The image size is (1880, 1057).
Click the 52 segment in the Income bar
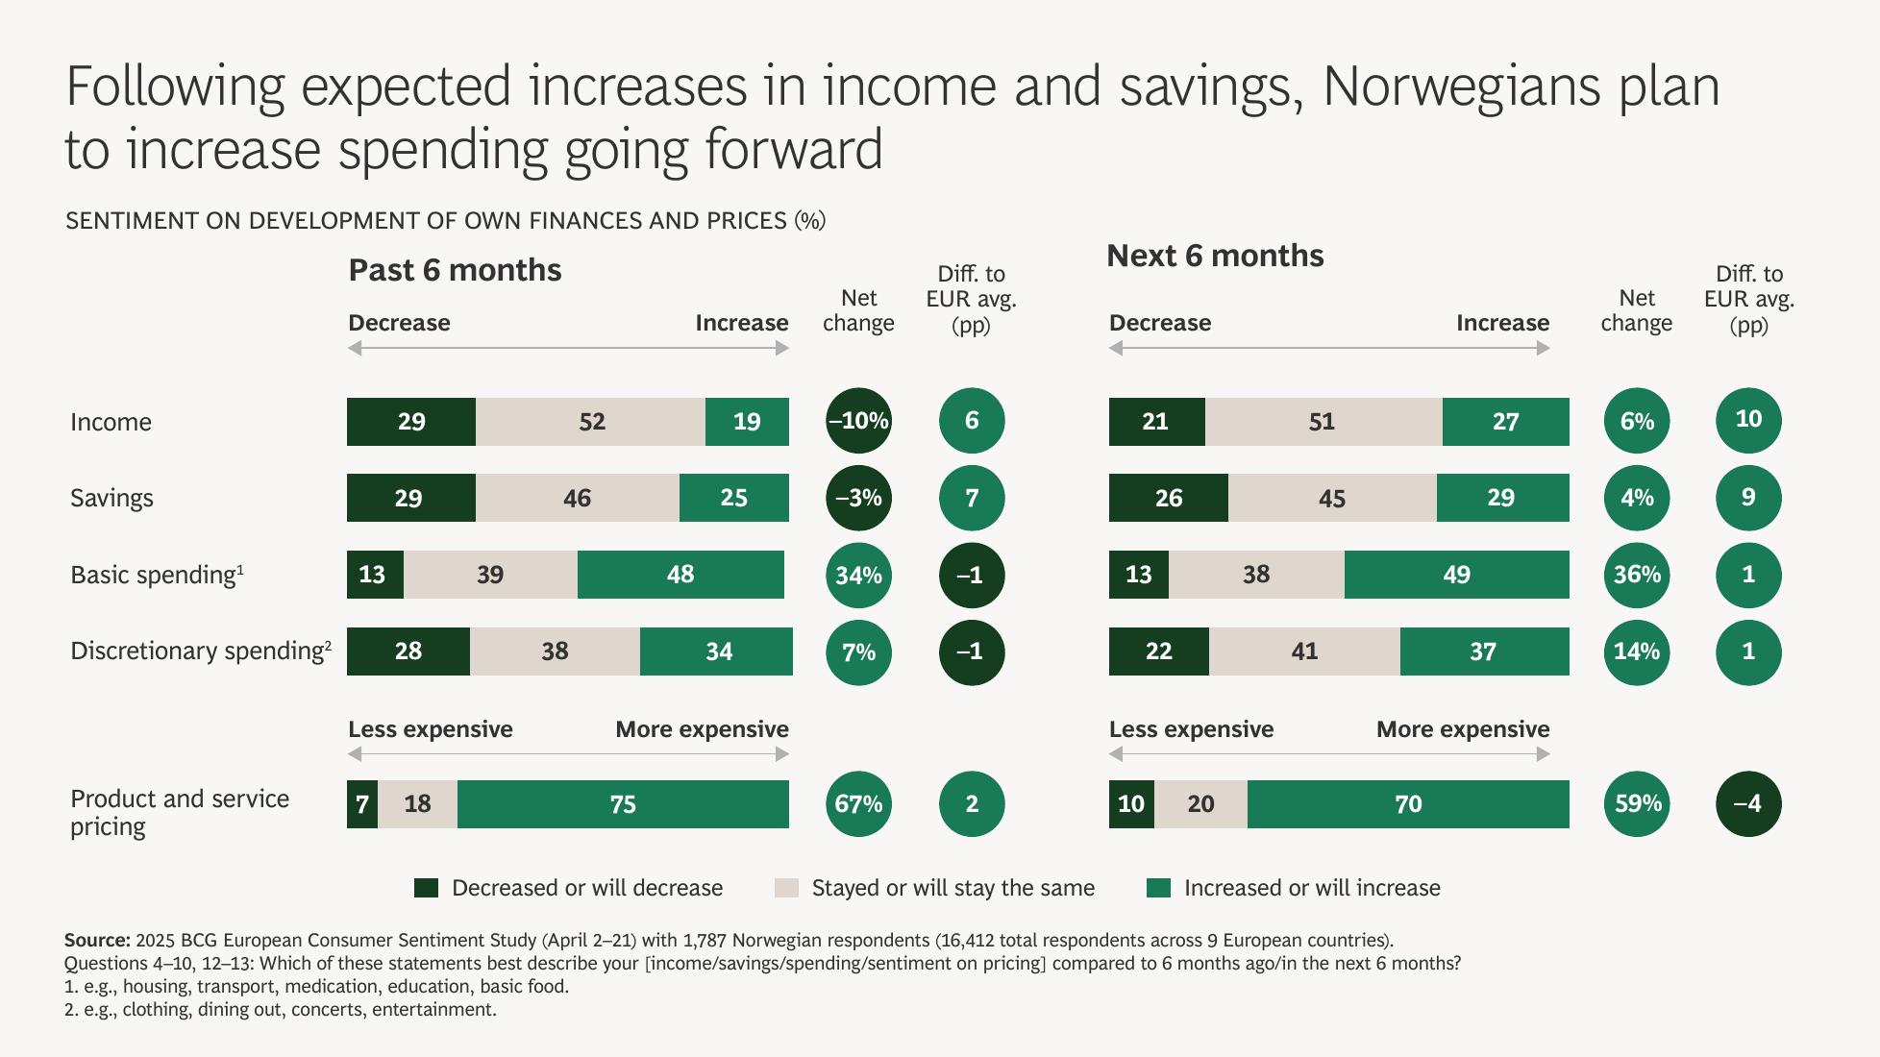[590, 422]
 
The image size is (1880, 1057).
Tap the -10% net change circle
[858, 421]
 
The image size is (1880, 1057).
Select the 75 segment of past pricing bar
[623, 804]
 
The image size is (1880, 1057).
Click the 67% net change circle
[858, 804]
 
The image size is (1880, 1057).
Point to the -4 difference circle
[1748, 804]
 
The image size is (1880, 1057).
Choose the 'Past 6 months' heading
[455, 270]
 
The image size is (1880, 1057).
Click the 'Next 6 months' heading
[1215, 256]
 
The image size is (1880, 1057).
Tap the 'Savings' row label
[111, 498]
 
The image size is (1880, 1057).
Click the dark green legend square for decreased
[426, 888]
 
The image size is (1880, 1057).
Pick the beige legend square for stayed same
[786, 888]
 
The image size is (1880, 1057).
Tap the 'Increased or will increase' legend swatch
[1159, 888]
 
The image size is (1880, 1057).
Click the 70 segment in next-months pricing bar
[1408, 804]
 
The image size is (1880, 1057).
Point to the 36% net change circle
[1637, 575]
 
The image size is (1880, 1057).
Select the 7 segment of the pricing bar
[362, 804]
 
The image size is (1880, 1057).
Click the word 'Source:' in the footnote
[97, 940]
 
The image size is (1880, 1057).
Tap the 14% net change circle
[1637, 651]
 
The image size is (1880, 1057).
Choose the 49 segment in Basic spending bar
[1456, 575]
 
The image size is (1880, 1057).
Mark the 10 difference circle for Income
[1748, 420]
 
